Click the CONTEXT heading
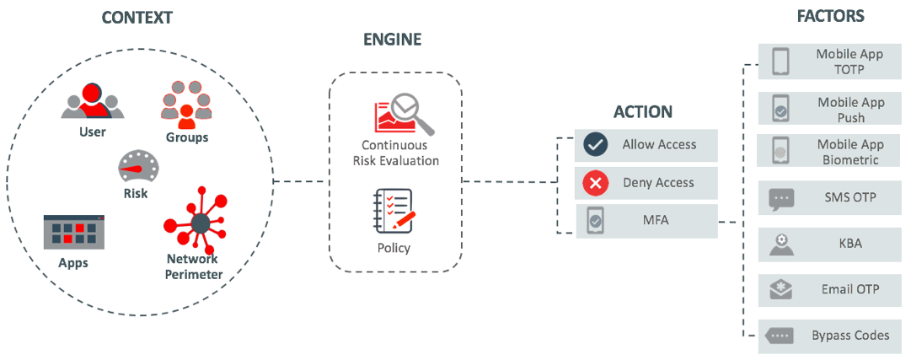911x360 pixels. coord(138,17)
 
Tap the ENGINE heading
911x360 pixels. coord(392,40)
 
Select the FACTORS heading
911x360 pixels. coord(830,16)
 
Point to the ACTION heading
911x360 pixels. coord(643,112)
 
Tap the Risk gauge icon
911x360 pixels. coord(135,167)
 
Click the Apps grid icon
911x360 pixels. coord(74,232)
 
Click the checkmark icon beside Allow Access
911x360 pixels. coord(596,145)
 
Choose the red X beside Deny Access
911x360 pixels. coord(596,183)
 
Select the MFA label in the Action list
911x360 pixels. coord(658,221)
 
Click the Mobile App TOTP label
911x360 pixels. coord(849,62)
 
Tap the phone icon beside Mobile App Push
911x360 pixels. coord(780,110)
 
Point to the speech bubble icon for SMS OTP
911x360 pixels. coord(781,199)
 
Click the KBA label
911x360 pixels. coord(849,244)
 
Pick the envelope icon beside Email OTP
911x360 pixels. coord(781,290)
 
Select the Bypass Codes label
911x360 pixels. coord(850,336)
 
